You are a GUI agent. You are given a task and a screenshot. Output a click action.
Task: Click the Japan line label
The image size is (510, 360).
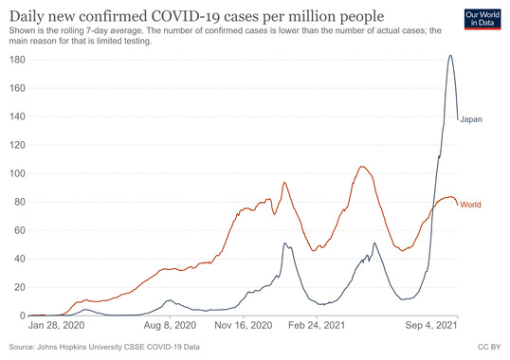pyautogui.click(x=471, y=119)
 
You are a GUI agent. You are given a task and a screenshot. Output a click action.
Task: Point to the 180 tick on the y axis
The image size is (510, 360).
pyautogui.click(x=15, y=60)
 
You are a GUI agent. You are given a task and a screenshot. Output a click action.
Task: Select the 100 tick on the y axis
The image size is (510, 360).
pyautogui.click(x=15, y=173)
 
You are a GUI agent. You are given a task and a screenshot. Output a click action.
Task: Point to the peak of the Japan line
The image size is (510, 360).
pyautogui.click(x=450, y=56)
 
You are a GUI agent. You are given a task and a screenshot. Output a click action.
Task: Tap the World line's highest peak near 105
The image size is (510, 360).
pyautogui.click(x=362, y=167)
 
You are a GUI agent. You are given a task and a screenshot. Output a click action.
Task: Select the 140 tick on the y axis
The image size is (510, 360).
pyautogui.click(x=15, y=117)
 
